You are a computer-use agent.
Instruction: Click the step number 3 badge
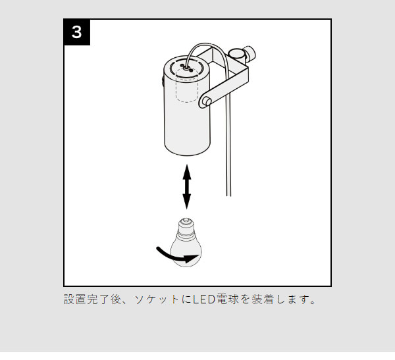(77, 32)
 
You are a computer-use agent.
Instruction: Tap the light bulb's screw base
(186, 229)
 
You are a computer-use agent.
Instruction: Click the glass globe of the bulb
(186, 253)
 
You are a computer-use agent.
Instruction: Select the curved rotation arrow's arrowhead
(192, 259)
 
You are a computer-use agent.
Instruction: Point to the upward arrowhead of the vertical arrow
(187, 172)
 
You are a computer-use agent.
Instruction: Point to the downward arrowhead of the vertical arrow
(187, 201)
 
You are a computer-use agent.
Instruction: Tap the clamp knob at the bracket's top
(250, 53)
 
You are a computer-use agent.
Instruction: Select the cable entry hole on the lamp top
(186, 68)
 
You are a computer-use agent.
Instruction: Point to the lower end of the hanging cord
(228, 195)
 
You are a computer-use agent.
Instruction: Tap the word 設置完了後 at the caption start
(93, 299)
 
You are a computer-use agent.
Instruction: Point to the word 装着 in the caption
(262, 299)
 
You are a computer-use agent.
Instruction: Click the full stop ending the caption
(313, 302)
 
